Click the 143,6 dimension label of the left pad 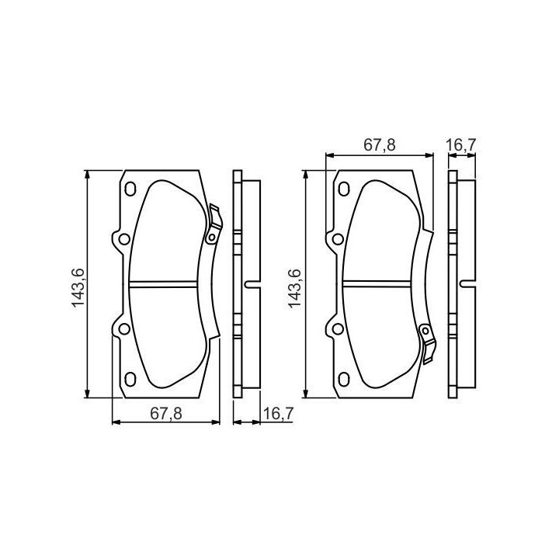78,287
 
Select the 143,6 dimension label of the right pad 294,289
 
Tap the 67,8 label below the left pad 166,414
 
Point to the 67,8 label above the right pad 380,145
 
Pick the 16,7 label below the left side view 278,414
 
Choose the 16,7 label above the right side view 461,145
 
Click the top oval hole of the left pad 130,189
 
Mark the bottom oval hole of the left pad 130,379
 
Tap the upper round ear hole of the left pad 124,239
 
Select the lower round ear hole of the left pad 124,328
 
